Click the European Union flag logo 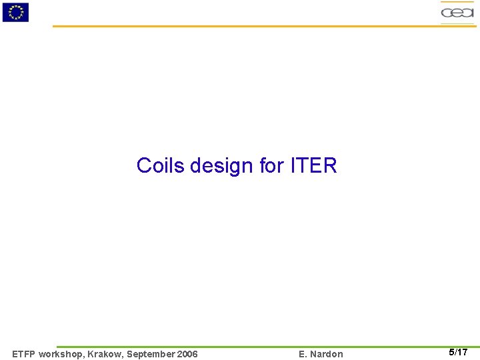[15, 12]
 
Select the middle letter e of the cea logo [457, 13]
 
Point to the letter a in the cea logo [467, 13]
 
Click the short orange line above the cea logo [457, 2]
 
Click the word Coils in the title [161, 165]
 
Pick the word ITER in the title [314, 165]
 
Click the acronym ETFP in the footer [24, 354]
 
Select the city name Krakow [104, 354]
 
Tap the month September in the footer [151, 354]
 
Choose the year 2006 [187, 354]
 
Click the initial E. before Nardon [303, 354]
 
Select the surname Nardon [327, 354]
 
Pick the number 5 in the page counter [451, 353]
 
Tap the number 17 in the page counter [462, 353]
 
